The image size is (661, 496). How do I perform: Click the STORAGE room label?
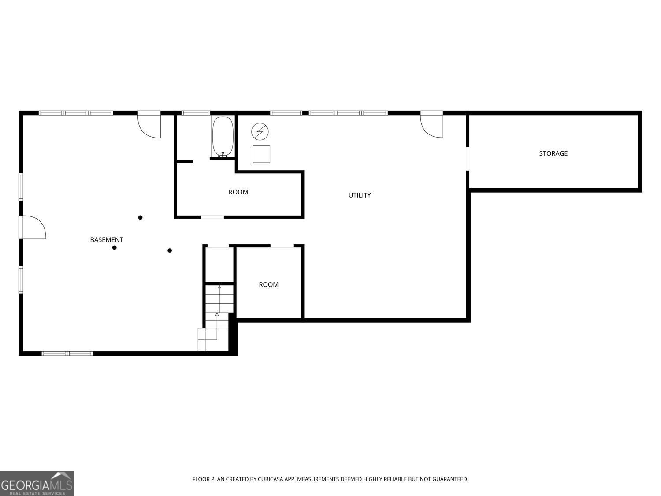coord(553,153)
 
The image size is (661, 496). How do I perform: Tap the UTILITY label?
coord(360,195)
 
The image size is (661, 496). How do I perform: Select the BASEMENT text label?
coord(107,240)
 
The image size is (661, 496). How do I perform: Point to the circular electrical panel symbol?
coord(260,131)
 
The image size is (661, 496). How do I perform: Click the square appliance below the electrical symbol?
coord(261,154)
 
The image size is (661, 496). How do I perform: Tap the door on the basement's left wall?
coord(33,227)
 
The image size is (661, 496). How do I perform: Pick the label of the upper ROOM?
coord(238,192)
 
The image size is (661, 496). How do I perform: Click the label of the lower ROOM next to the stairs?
coord(268,284)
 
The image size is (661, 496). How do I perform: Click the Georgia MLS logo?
coord(37,484)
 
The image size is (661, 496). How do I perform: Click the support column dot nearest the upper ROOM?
coord(141,217)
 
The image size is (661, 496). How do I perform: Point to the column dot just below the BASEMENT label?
coord(115,248)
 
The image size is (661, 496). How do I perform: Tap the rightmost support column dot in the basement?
coord(170,250)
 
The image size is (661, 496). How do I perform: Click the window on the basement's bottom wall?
coord(67,354)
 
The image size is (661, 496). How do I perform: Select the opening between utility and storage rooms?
coord(468,158)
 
